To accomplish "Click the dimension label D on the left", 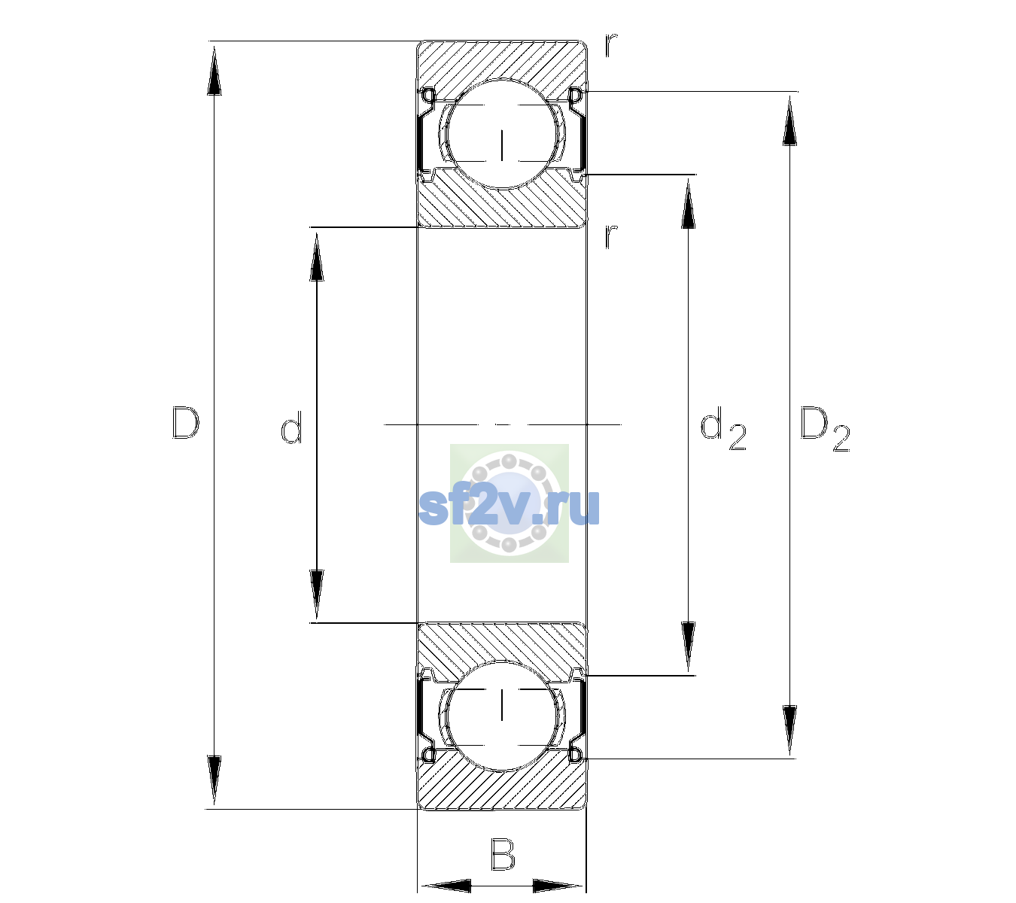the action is (186, 424).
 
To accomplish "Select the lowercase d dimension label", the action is (291, 427).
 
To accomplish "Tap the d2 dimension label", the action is (723, 429).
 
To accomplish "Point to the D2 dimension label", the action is (825, 430).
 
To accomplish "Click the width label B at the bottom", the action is (503, 854).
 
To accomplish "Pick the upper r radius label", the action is (611, 45).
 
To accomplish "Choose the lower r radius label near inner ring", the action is (611, 236).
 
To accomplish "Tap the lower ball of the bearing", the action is (502, 716).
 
